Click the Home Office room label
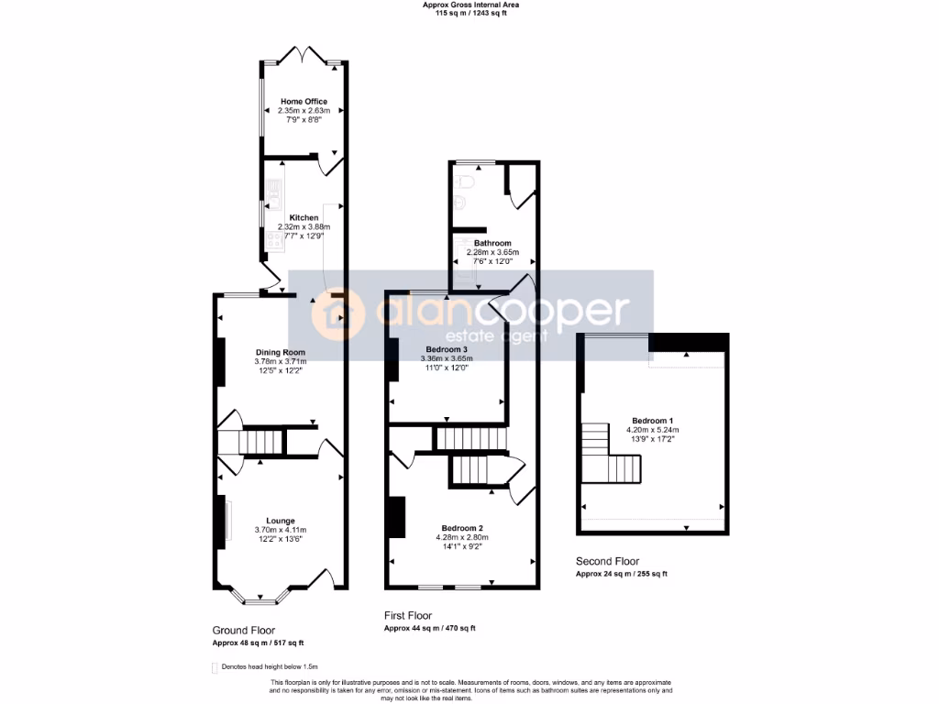click(x=304, y=102)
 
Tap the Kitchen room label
click(x=304, y=218)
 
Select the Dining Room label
click(x=280, y=353)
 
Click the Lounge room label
click(x=280, y=520)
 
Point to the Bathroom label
click(x=492, y=243)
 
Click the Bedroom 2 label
click(x=462, y=528)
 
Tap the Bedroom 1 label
click(x=653, y=421)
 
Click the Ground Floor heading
click(x=244, y=631)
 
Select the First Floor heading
click(x=408, y=616)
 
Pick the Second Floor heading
click(x=607, y=561)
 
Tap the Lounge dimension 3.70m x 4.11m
click(x=280, y=530)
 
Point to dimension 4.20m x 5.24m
click(x=653, y=430)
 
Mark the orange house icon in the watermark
click(x=332, y=314)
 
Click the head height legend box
click(x=215, y=667)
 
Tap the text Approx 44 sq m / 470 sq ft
click(x=429, y=629)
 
